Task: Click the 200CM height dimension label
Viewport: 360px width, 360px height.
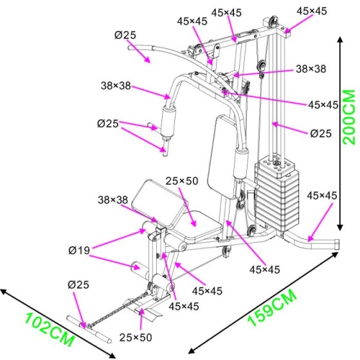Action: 349,117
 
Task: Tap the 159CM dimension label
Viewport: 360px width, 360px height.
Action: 273,308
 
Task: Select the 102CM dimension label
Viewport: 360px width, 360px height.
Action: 50,329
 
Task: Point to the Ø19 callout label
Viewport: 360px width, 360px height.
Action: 79,250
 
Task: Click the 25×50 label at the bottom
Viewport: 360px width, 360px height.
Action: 136,337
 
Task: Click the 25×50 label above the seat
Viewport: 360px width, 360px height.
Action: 182,181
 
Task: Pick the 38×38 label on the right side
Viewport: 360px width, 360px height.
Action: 311,69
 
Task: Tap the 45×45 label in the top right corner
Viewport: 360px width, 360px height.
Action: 312,11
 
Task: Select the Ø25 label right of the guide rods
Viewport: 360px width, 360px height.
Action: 321,134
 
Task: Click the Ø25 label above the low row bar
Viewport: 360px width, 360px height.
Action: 78,285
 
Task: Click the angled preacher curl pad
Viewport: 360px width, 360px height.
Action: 159,203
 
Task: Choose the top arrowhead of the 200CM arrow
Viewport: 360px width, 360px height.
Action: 340,40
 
